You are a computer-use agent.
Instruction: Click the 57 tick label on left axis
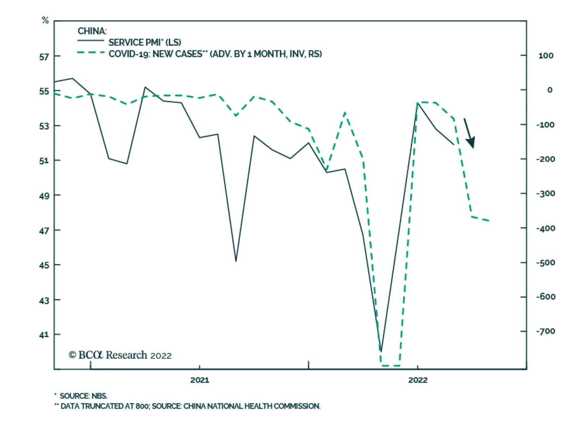44,57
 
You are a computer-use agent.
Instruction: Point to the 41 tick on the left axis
44,335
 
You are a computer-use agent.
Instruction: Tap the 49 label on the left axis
44,196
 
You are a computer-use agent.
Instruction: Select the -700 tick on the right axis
545,331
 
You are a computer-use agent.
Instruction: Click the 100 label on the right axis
546,56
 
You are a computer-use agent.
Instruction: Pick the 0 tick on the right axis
550,90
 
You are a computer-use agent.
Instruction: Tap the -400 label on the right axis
545,228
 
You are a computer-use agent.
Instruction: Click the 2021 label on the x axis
200,380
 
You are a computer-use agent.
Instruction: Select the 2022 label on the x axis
418,380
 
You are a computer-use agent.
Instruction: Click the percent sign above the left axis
45,20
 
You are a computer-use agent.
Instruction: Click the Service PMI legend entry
145,42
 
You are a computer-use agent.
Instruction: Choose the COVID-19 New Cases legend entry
215,54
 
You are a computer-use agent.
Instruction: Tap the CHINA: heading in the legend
92,31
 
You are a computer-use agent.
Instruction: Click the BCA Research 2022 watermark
120,355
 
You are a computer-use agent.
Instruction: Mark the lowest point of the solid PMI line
381,351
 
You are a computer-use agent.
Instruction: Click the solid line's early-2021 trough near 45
236,261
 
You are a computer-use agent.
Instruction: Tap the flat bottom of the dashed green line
390,366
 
